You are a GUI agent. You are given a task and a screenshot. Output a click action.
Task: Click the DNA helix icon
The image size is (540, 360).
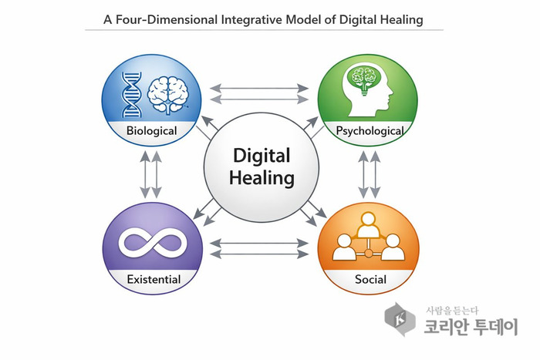coord(132,95)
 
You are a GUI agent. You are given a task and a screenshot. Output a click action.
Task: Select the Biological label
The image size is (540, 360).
coord(151,131)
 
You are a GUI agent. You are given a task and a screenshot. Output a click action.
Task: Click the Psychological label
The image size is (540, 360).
coord(370,131)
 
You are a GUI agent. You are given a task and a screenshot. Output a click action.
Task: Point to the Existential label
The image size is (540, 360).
coord(154,279)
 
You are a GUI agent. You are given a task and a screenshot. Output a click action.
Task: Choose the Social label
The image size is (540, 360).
coord(370,279)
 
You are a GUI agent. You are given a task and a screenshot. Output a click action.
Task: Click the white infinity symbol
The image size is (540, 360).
coord(153,243)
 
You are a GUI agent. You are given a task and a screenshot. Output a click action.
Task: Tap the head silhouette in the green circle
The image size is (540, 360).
coord(367,89)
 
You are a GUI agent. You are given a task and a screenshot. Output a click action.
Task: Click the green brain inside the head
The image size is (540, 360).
coord(365,78)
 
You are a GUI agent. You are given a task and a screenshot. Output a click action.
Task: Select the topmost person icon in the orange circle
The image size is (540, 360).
coord(369,225)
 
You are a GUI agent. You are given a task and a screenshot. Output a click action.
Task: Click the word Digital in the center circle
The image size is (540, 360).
coord(262,156)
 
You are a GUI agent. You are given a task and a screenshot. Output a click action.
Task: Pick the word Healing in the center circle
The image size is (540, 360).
coord(262,178)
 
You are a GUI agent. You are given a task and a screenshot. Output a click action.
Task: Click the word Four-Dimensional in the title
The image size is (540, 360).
coord(167,19)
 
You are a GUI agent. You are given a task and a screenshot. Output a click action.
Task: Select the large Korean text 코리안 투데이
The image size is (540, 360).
coord(471,327)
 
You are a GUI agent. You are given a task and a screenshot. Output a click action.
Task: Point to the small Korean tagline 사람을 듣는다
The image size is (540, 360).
coord(452,311)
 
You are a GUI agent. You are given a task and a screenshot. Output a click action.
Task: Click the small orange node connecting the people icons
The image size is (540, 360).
coord(369,254)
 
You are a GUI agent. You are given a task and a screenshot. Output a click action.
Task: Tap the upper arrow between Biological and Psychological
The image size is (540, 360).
coord(259,88)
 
